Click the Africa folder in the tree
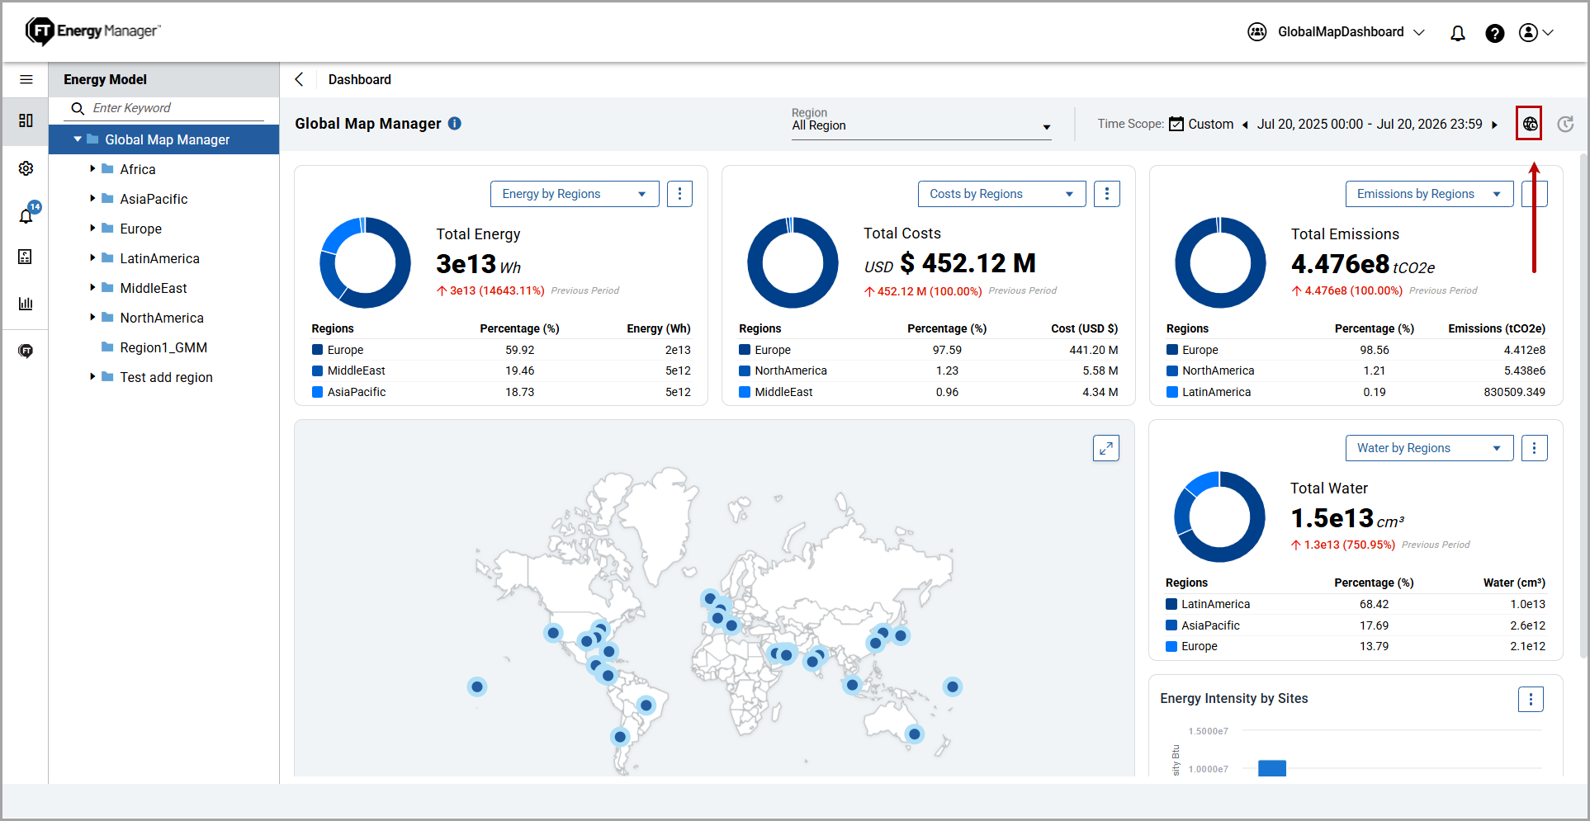coord(137,169)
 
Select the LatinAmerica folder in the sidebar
coord(159,258)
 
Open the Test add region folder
coord(166,377)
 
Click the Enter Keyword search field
coord(165,108)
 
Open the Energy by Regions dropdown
coord(575,194)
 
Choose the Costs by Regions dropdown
coord(1001,194)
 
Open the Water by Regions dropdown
coord(1429,448)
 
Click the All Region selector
coord(920,125)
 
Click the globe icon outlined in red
coord(1530,124)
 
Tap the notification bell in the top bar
coord(1458,33)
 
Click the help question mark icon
coord(1494,33)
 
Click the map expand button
coord(1106,448)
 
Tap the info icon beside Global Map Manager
coord(455,123)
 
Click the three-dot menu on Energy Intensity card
coord(1531,699)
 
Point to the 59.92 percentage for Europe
coord(520,350)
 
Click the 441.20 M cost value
coord(1094,350)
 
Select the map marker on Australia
coord(914,734)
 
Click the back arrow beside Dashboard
coord(299,79)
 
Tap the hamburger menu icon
coord(26,79)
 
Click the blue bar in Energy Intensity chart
coord(1272,768)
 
